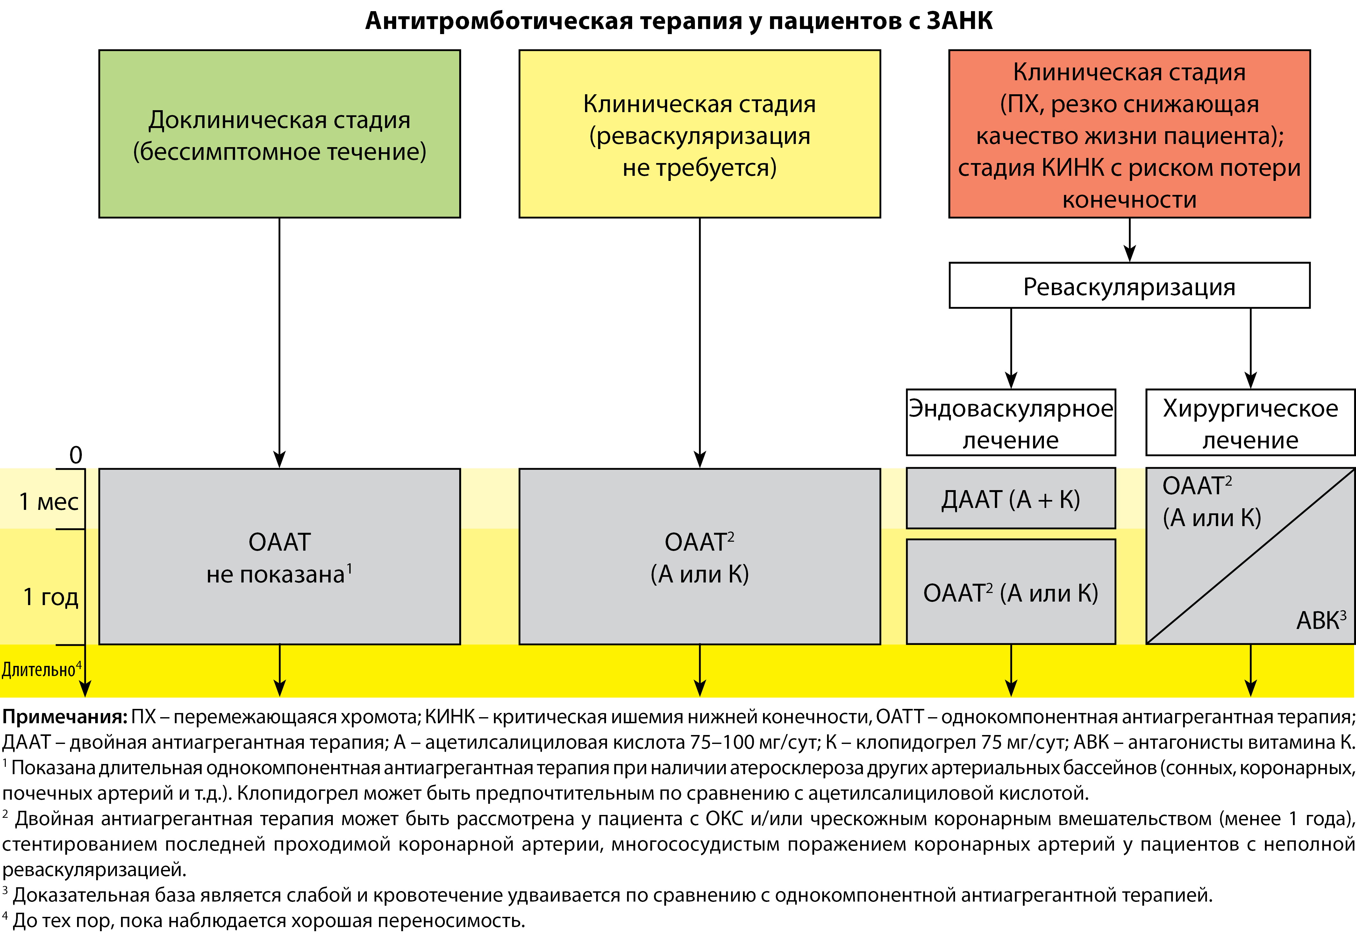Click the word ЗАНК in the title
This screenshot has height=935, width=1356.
coord(960,21)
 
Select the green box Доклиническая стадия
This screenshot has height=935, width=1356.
coord(279,134)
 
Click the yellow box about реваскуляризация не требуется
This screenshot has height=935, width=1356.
coord(699,134)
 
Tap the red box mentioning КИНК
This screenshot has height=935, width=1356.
coord(1129,134)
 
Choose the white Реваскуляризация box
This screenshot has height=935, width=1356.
coord(1129,286)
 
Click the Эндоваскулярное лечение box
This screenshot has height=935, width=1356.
coord(1010,422)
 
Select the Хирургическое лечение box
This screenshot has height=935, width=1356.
coord(1250,422)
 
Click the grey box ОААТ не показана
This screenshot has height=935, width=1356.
coord(279,557)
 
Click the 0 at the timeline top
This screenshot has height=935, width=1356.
coord(75,455)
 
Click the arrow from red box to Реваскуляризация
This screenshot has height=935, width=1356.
coord(1129,240)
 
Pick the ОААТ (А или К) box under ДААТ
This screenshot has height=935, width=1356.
coord(1010,592)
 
